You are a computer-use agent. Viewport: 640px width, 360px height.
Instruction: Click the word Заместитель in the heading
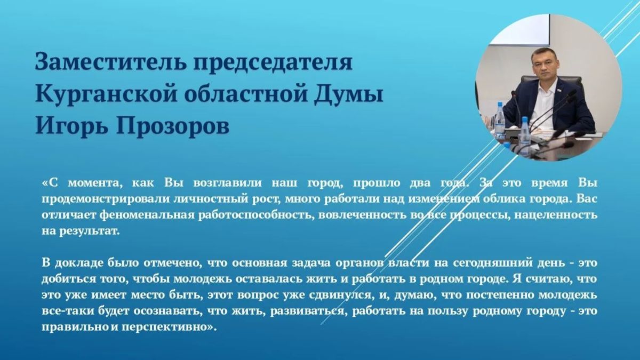(x=110, y=61)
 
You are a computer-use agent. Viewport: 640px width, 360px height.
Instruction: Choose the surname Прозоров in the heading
(x=173, y=126)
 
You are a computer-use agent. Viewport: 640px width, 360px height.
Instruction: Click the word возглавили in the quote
(x=227, y=183)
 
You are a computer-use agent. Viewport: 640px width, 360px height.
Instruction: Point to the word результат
(x=89, y=231)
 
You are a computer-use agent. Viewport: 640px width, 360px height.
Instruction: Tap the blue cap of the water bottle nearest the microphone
(x=525, y=119)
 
